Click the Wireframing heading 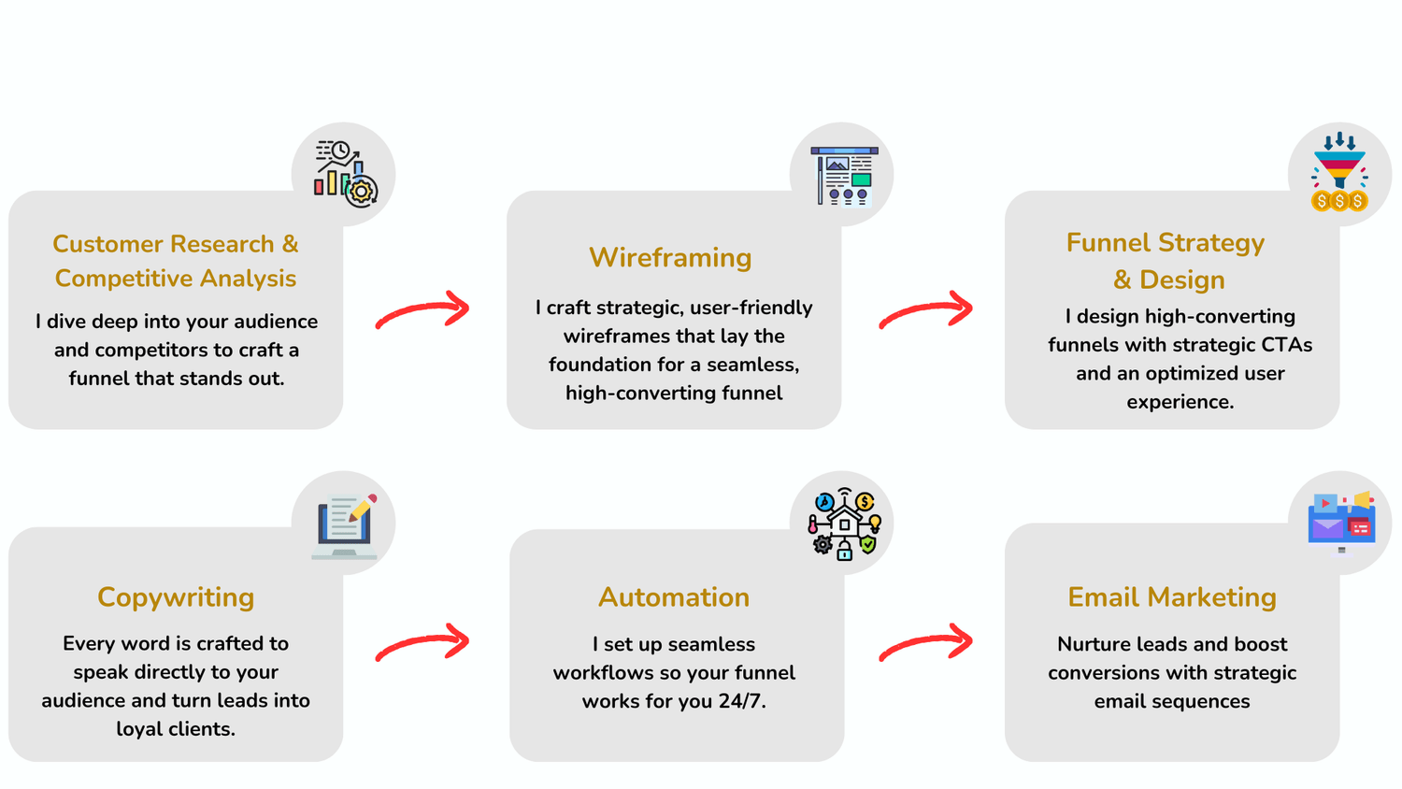click(x=670, y=258)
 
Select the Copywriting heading click(x=176, y=597)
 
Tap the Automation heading click(x=674, y=597)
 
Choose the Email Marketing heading click(x=1172, y=597)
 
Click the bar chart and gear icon click(x=344, y=174)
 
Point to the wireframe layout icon click(x=843, y=175)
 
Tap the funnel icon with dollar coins click(x=1339, y=173)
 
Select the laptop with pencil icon click(x=345, y=525)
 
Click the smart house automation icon click(x=843, y=524)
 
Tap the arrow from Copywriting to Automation click(x=422, y=642)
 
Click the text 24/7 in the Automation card click(x=742, y=701)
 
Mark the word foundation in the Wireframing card click(x=594, y=365)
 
